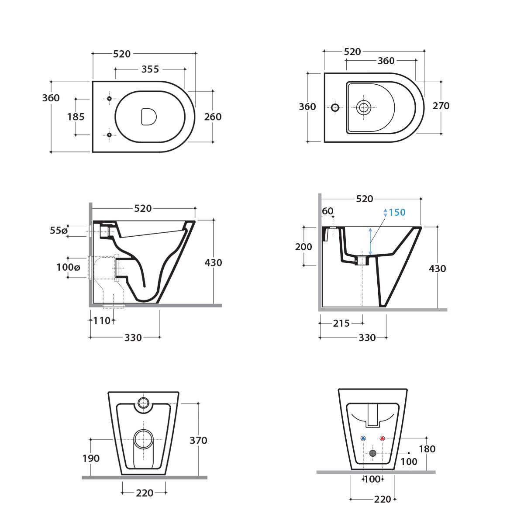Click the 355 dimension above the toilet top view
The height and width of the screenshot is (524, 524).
(150, 69)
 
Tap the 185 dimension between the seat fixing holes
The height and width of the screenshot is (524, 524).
(76, 117)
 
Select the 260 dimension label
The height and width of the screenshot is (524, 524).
(213, 117)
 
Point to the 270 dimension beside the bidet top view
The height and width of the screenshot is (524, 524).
(441, 106)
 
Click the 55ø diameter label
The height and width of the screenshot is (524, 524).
(59, 230)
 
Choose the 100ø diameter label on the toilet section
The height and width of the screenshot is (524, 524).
(68, 267)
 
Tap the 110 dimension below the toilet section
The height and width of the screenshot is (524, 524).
(102, 321)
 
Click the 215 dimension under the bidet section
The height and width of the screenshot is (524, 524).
(341, 323)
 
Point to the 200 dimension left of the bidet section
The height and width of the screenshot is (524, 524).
(303, 247)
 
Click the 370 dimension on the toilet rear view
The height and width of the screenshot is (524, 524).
(198, 441)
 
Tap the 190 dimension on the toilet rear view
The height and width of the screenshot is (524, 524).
(91, 458)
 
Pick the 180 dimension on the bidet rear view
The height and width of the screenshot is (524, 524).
(427, 449)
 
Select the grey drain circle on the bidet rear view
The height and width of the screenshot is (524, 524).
(372, 453)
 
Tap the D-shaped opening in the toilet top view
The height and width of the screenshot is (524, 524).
(148, 117)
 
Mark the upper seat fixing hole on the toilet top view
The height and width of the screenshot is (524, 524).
(109, 98)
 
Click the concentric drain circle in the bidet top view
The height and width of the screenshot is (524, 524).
(364, 107)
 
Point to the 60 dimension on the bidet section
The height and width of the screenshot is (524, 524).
(327, 211)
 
